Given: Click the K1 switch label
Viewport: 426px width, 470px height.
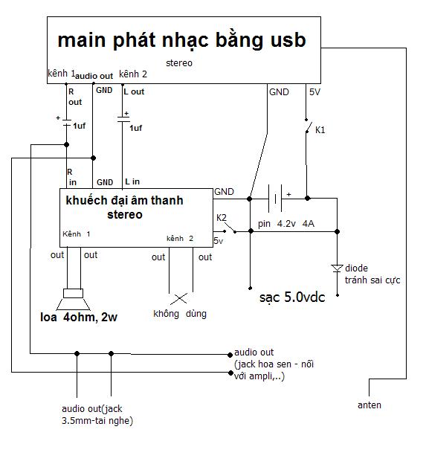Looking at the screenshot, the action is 320,130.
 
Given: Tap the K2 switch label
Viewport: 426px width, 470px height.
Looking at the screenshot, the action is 222,218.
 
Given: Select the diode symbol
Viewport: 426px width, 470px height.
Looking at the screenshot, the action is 337,268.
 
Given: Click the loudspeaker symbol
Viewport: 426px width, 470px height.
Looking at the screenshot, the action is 74,299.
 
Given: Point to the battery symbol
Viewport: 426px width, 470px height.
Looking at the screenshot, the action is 275,198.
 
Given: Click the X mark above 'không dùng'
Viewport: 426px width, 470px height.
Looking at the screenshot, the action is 179,298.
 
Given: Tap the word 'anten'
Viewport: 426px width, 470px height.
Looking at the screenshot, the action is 369,405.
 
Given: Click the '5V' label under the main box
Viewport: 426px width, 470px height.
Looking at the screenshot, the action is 314,91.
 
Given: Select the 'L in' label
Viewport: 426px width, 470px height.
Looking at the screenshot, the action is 132,181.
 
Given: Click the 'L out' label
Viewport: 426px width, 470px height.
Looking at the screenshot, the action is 134,91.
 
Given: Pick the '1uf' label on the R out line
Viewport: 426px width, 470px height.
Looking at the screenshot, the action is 79,126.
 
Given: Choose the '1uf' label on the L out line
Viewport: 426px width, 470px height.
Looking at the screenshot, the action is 136,128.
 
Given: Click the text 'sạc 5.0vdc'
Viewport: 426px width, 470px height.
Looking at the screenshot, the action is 292,297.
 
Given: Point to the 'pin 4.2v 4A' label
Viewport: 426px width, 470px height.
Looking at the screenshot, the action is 286,224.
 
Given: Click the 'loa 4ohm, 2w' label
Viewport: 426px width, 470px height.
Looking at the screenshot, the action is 79,317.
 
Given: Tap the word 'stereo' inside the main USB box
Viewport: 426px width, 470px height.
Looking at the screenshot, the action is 179,63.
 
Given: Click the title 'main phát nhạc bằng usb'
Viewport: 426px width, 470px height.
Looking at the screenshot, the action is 182,40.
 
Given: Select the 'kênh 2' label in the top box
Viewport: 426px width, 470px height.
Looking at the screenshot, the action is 133,74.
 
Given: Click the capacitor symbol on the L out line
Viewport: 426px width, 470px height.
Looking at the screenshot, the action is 123,119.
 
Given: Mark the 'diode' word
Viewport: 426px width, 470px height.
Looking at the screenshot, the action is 356,268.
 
